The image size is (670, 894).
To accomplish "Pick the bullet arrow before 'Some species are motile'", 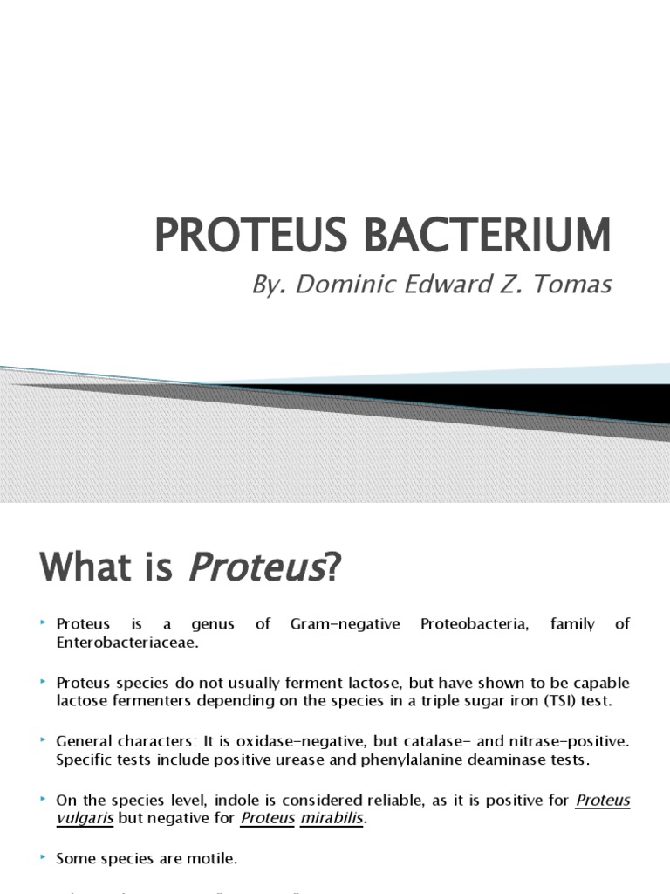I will (x=43, y=858).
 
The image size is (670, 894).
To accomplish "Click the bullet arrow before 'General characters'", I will (x=43, y=740).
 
